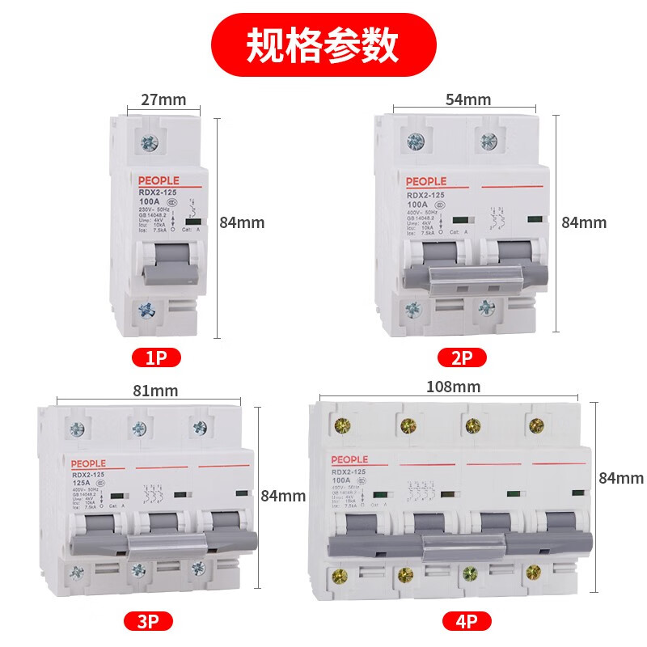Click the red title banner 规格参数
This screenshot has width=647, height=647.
tap(323, 44)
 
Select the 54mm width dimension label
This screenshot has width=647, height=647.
tap(467, 99)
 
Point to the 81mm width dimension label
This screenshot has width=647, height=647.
tap(154, 391)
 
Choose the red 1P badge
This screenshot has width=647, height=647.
tap(156, 357)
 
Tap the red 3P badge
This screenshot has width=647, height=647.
tap(149, 621)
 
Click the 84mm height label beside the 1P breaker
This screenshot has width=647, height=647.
tap(243, 222)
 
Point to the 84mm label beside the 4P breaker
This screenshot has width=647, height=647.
tap(621, 478)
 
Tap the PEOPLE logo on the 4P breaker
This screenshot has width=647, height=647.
tap(349, 459)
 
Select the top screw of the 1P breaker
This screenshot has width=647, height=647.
tap(150, 145)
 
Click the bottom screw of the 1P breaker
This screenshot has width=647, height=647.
tap(147, 310)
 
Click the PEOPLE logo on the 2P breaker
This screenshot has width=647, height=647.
tap(425, 182)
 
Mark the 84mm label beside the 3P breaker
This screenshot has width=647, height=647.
tap(283, 496)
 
